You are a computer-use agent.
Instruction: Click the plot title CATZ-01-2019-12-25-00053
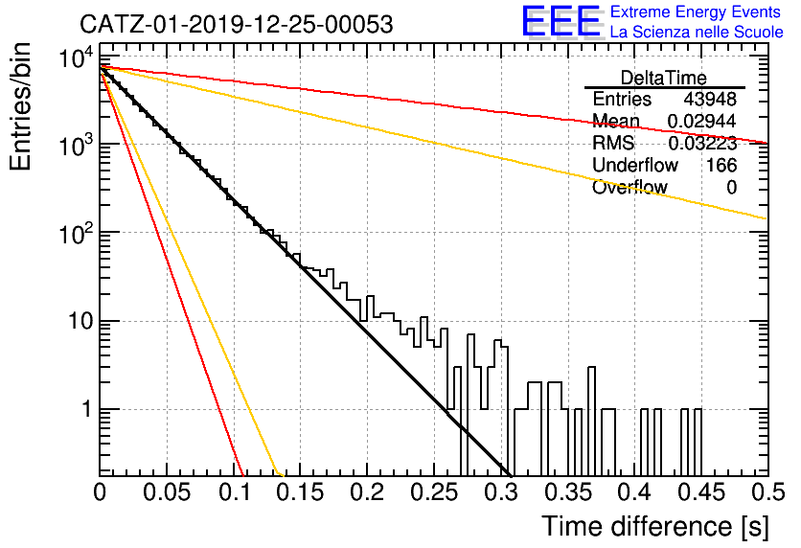[x=237, y=24]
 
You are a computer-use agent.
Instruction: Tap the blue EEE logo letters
[x=561, y=21]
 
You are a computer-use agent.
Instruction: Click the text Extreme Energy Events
[x=696, y=11]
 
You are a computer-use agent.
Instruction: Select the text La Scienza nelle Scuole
[x=697, y=32]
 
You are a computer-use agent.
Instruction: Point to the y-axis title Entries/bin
[x=20, y=106]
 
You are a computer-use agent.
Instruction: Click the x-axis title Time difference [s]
[x=655, y=526]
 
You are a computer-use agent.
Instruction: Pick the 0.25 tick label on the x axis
[x=435, y=492]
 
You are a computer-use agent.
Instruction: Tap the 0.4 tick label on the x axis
[x=635, y=492]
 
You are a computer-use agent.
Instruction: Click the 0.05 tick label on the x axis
[x=167, y=492]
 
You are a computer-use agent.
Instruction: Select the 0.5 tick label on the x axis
[x=768, y=492]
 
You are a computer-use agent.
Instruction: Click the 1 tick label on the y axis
[x=87, y=410]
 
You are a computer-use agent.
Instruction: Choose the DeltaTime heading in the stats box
[x=664, y=78]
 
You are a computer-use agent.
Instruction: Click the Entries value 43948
[x=710, y=99]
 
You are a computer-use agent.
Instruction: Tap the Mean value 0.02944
[x=702, y=121]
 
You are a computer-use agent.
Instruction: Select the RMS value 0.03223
[x=702, y=143]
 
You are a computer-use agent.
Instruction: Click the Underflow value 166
[x=721, y=165]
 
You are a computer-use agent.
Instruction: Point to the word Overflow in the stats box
[x=629, y=187]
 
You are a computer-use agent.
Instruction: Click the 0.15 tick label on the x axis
[x=301, y=492]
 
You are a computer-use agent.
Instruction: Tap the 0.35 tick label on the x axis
[x=568, y=492]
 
